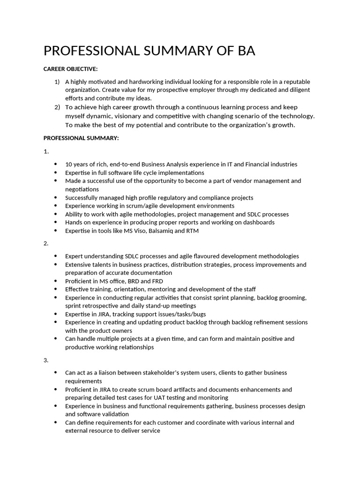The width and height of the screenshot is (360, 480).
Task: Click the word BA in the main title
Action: [245, 51]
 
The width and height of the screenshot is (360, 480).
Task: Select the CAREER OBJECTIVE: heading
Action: [70, 69]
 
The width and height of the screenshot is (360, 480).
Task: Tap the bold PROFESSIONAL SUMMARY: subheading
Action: [81, 138]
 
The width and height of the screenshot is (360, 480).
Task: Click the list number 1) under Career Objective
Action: [57, 82]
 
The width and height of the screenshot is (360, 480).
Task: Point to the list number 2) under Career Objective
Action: [57, 107]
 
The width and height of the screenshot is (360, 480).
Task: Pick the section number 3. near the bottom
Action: [46, 360]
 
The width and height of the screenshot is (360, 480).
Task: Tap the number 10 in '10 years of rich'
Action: [68, 164]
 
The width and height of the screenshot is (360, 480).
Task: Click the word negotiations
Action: [82, 189]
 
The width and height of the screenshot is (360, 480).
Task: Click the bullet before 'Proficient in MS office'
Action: [56, 281]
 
